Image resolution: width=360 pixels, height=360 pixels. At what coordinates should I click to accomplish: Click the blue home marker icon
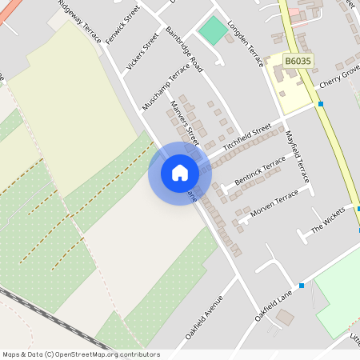180,172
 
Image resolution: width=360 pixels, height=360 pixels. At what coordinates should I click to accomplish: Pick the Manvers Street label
184,120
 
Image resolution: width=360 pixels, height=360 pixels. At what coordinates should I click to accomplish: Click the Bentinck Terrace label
260,174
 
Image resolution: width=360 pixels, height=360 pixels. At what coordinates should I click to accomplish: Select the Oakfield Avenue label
203,318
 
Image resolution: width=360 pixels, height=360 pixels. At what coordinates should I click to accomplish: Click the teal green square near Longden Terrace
212,30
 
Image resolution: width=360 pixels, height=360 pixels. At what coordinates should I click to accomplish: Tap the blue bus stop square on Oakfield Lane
302,286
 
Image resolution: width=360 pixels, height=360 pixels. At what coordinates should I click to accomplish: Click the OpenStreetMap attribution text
81,354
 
